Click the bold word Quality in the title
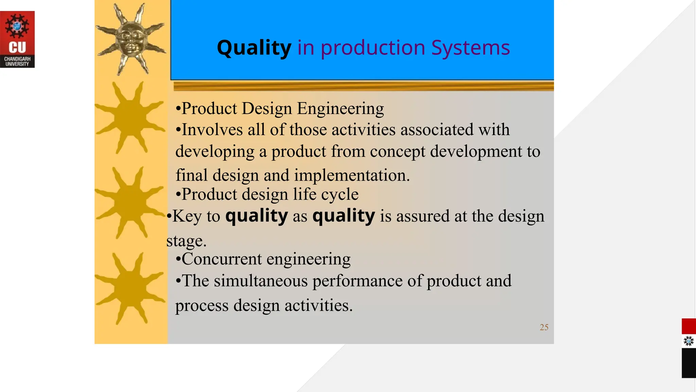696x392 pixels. click(254, 48)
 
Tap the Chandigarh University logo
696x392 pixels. click(17, 39)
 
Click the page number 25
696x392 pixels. click(544, 327)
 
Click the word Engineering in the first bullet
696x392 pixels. click(340, 109)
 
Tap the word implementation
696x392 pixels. click(352, 176)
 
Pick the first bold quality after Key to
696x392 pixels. click(257, 216)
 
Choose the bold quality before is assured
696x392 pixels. click(344, 216)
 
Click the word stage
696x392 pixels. click(186, 241)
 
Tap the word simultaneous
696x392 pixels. click(260, 281)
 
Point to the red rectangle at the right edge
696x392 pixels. click(689, 326)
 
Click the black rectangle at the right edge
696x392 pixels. click(689, 363)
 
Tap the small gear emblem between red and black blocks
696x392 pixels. click(689, 341)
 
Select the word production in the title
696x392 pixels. click(372, 48)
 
